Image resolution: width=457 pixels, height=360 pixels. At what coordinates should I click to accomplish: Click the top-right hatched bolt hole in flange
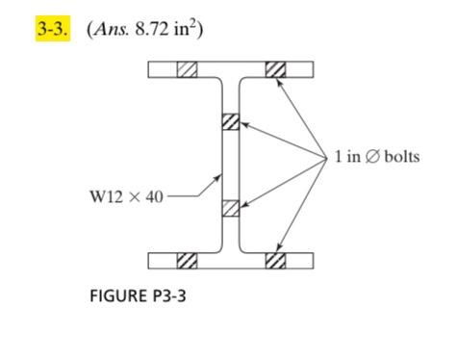pos(275,69)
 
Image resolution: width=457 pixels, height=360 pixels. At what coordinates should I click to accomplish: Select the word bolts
pos(402,156)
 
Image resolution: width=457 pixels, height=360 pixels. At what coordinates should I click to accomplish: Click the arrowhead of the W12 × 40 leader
pos(219,178)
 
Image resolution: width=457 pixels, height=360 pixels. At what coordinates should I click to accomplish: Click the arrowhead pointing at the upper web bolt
pos(243,124)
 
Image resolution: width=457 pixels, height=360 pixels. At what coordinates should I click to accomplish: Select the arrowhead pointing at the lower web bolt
pos(243,205)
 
